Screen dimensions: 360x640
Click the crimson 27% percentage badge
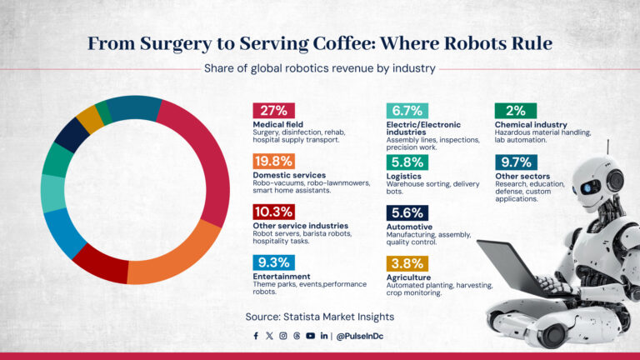tap(273, 111)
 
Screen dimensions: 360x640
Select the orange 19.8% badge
tap(273, 161)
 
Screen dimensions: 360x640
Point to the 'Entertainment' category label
tap(281, 276)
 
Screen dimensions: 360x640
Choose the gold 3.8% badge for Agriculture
tap(407, 262)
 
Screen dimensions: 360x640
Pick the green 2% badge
tap(516, 111)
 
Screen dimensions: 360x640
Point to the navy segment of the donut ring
tap(72, 136)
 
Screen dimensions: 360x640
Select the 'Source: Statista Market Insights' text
tap(319, 317)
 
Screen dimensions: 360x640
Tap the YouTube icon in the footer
tap(310, 336)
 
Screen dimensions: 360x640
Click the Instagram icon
tap(282, 336)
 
